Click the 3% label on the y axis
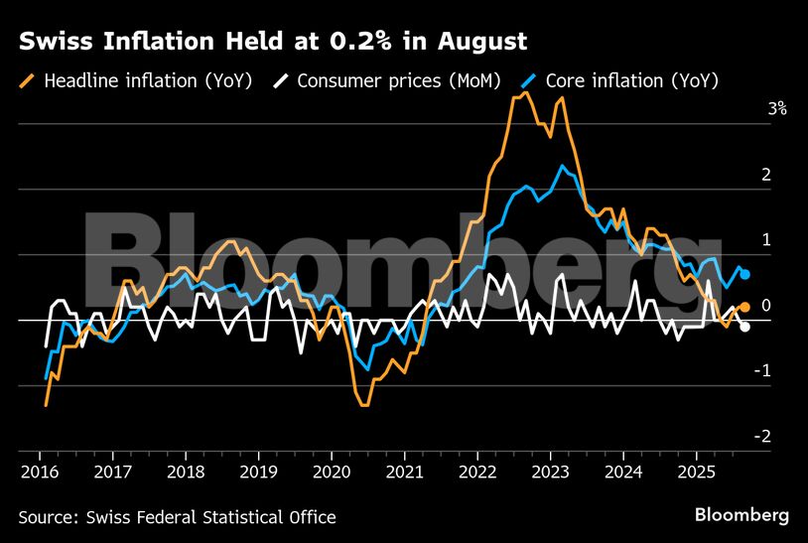click(x=776, y=109)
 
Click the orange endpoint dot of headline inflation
click(x=744, y=308)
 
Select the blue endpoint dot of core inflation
click(x=744, y=274)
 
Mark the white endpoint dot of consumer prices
click(x=744, y=327)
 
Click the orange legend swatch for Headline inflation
click(x=28, y=80)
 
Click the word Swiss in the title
click(x=51, y=42)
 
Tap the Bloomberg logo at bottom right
click(x=741, y=515)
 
